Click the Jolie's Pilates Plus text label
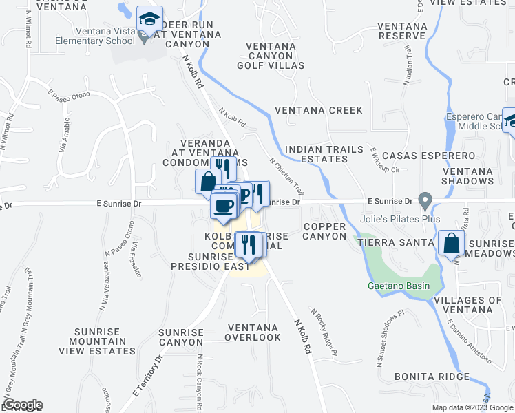[x=400, y=219]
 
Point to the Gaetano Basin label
[x=397, y=286]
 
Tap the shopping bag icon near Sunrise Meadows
[x=452, y=244]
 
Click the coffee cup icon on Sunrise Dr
[x=222, y=206]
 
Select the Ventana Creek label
[x=318, y=110]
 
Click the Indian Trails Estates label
[x=315, y=154]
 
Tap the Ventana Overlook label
[x=254, y=332]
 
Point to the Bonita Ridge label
[x=432, y=377]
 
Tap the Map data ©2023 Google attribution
[x=472, y=407]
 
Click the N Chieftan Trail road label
[x=286, y=176]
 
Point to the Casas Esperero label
[x=428, y=156]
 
